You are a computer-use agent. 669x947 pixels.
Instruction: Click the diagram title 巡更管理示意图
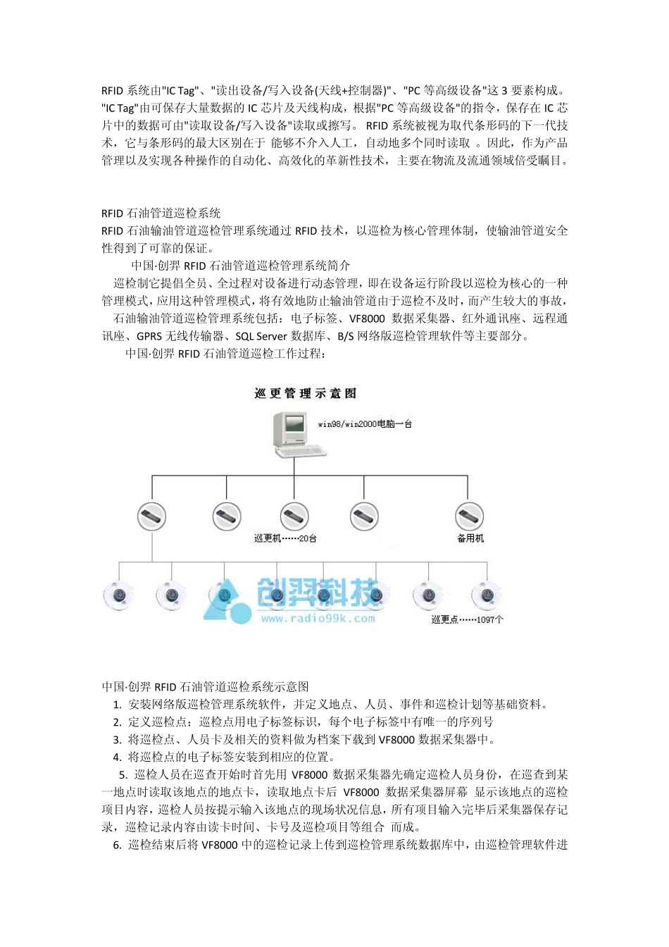(x=305, y=393)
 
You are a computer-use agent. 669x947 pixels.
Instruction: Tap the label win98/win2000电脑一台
(x=365, y=424)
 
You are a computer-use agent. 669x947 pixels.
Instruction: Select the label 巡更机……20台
(x=285, y=538)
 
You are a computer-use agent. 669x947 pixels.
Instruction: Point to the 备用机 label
(x=470, y=538)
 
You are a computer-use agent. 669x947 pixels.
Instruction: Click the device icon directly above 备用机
(x=469, y=516)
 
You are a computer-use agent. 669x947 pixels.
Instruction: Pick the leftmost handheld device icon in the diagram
(x=152, y=516)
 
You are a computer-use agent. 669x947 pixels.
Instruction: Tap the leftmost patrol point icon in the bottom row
(x=118, y=595)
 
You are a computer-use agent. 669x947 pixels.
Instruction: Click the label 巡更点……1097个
(x=467, y=620)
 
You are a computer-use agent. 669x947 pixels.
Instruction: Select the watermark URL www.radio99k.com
(x=318, y=619)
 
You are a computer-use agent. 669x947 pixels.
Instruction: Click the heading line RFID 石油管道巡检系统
(x=161, y=213)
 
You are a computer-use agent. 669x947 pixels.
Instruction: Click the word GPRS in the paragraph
(x=149, y=336)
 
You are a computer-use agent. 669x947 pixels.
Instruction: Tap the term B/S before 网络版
(x=345, y=336)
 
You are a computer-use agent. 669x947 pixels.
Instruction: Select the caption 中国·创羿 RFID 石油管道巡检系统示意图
(x=205, y=686)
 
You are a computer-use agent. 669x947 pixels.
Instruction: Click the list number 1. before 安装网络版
(x=117, y=704)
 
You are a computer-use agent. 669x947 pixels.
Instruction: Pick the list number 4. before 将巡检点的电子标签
(x=117, y=757)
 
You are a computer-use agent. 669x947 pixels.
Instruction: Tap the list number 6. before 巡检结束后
(x=117, y=845)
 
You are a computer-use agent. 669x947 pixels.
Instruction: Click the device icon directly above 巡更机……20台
(x=294, y=516)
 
